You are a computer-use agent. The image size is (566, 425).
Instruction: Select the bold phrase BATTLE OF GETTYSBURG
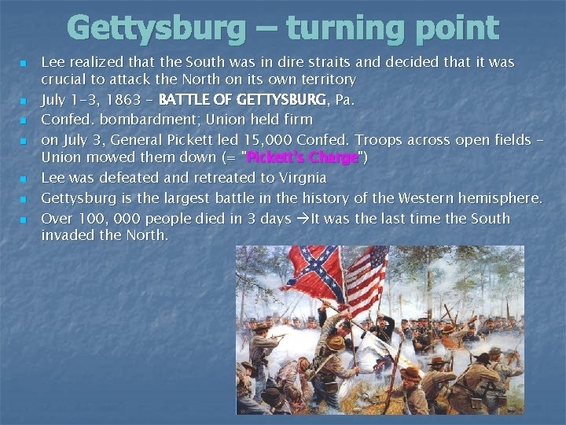point(243,100)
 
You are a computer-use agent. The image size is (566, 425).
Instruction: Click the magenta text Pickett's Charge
point(303,158)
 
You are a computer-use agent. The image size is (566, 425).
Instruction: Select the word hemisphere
point(503,198)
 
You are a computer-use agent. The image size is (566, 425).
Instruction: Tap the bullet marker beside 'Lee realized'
point(24,61)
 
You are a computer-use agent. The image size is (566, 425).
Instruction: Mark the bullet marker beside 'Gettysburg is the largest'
point(24,199)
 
